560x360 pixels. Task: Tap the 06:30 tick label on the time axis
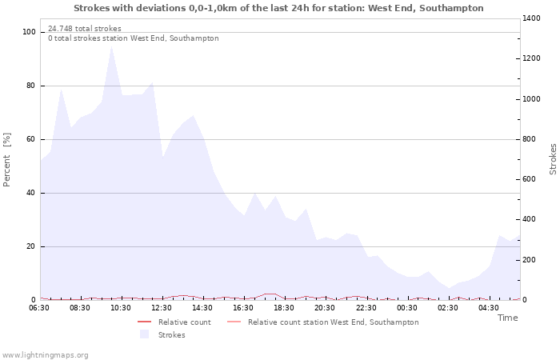coord(39,308)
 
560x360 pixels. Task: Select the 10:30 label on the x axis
coord(121,308)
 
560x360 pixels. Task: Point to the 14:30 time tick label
coord(203,308)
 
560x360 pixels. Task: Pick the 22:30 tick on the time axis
coord(366,308)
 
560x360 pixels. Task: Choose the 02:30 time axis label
coord(448,308)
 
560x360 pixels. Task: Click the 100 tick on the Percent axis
coord(30,32)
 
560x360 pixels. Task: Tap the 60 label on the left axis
coord(31,139)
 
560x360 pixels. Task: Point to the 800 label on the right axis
coord(531,139)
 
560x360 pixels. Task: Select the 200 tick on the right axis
coord(531,260)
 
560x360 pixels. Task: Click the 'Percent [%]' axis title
coord(7,160)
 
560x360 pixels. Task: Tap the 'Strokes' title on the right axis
coord(553,159)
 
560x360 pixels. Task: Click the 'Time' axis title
coord(507,318)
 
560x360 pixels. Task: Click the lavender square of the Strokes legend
coord(144,334)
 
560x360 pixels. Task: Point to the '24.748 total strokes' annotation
coord(85,29)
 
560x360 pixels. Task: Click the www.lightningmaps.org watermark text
coord(46,355)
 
